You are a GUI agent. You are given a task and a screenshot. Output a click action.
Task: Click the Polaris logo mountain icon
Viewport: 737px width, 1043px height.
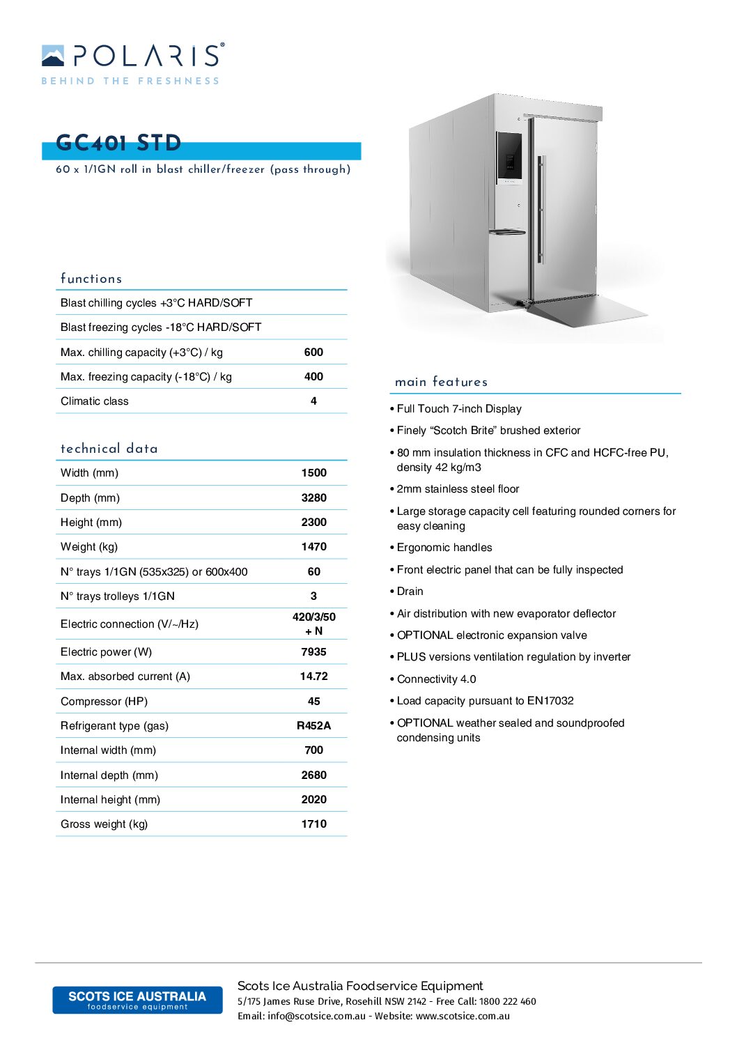point(53,56)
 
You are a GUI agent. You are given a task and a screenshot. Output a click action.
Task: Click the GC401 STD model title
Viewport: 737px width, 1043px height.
point(118,143)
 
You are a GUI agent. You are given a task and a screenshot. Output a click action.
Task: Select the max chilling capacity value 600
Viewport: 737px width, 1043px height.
point(313,353)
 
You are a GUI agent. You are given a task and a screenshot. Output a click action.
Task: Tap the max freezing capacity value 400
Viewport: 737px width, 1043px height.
point(313,377)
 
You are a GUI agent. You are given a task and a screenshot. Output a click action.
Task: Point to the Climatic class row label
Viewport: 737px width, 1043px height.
point(95,401)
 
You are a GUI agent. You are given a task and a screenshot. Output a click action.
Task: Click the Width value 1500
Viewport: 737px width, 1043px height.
point(313,473)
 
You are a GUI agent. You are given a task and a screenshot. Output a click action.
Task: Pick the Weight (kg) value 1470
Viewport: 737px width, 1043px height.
point(313,547)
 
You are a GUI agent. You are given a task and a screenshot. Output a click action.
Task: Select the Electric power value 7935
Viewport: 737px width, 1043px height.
point(313,652)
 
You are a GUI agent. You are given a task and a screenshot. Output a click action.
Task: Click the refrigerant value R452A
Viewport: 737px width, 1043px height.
point(313,726)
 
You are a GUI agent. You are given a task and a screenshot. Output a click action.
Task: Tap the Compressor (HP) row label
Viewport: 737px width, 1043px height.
point(104,702)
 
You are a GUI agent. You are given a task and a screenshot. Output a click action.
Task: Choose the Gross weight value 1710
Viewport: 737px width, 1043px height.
point(313,824)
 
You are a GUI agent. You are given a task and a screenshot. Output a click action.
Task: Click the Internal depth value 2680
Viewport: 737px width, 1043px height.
point(313,775)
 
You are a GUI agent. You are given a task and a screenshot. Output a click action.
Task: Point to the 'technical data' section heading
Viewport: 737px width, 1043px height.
point(109,449)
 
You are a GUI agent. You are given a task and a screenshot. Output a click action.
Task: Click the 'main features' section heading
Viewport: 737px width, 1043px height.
point(441,382)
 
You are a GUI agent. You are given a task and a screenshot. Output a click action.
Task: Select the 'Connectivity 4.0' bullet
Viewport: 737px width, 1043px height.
point(436,679)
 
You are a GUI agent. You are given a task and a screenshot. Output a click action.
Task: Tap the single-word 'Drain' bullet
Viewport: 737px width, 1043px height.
point(410,592)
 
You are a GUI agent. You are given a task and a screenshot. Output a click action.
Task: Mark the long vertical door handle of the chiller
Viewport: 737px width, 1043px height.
point(541,209)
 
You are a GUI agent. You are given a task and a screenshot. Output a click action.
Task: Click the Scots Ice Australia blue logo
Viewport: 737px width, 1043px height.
point(137,1000)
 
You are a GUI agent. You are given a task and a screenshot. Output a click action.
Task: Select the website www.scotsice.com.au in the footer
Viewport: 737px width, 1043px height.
point(463,1017)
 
